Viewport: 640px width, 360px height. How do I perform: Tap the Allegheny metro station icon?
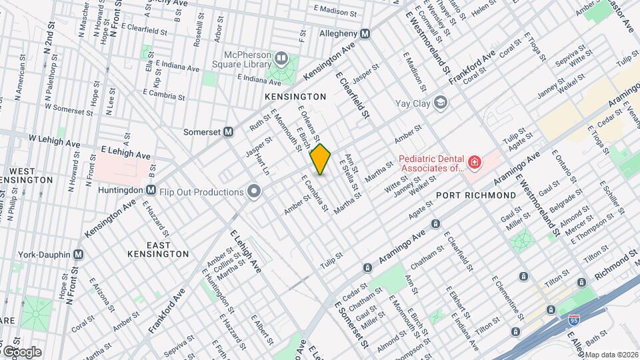point(365,34)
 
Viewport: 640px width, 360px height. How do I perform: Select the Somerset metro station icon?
point(228,132)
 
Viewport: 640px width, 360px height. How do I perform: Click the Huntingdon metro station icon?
point(151,189)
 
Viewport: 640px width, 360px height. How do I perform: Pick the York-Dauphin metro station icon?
point(79,254)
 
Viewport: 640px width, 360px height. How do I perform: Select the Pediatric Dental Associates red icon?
point(473,163)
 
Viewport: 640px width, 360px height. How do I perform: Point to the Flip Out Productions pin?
point(253,192)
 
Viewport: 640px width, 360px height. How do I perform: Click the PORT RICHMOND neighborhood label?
point(476,195)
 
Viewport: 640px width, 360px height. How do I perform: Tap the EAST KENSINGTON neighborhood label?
point(158,249)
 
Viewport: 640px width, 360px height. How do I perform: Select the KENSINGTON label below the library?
point(295,97)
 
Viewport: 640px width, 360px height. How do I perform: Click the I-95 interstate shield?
point(574,320)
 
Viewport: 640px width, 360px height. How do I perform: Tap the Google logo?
point(21,351)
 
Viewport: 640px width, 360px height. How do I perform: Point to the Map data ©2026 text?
point(611,355)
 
